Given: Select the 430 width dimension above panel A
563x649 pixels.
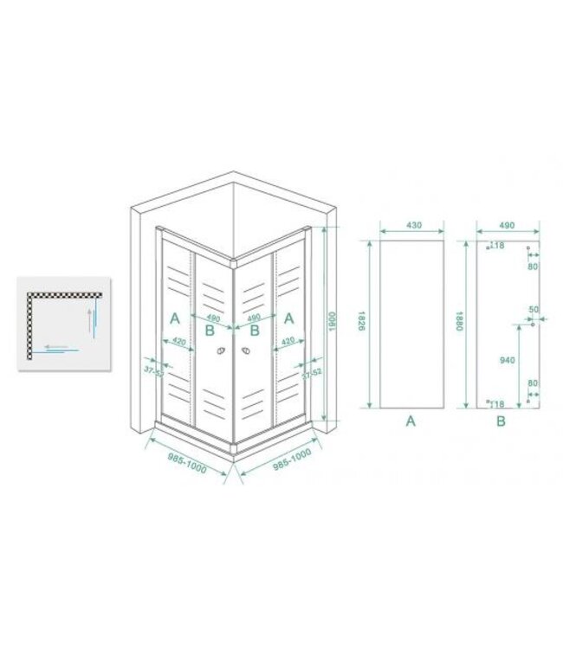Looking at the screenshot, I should point(412,226).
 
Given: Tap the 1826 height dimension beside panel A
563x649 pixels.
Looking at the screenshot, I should point(365,323).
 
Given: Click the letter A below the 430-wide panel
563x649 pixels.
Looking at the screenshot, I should point(411,421).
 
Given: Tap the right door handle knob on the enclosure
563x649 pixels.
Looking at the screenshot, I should point(247,351).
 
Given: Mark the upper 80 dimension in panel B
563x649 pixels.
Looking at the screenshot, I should point(533,266).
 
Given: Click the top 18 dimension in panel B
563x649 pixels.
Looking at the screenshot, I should point(498,246).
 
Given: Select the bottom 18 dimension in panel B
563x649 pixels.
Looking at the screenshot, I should point(498,402).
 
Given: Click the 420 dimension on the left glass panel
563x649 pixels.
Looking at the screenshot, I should point(179,340).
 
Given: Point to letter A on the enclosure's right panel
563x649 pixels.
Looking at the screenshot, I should point(288,318).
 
